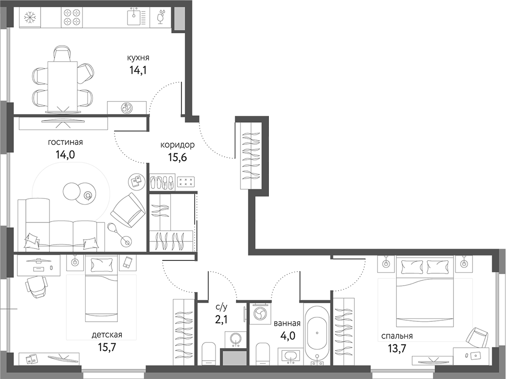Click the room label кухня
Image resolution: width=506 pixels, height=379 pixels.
point(138,58)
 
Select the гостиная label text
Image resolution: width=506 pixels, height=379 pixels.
point(65,142)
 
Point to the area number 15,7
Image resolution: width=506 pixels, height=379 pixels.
point(106,347)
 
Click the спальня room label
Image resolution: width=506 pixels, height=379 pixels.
point(397,336)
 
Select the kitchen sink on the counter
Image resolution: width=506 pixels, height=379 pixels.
point(136,18)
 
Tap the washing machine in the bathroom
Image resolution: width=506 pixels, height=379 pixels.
point(260,314)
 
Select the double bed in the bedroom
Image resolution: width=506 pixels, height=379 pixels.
point(424,293)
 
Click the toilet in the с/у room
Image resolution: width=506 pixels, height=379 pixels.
point(209,354)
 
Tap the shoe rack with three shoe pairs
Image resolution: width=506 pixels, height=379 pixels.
point(162,182)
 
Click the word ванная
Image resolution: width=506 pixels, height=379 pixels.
point(287,323)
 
